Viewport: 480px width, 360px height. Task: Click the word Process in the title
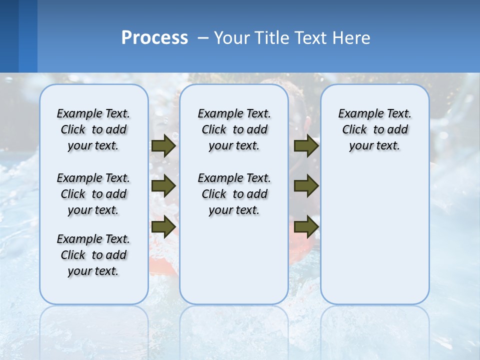click(154, 37)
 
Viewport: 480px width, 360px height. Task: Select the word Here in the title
click(353, 37)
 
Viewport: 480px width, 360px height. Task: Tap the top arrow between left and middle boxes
click(163, 145)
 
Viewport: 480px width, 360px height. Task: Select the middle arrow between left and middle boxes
click(163, 186)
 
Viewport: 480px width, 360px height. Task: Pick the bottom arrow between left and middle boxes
click(163, 226)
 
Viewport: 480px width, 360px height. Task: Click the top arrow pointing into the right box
click(306, 145)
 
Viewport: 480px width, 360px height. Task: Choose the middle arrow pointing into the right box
click(306, 186)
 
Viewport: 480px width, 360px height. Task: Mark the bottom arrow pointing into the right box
click(306, 226)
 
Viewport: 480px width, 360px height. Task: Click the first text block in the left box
click(93, 129)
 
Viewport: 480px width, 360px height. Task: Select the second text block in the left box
click(93, 194)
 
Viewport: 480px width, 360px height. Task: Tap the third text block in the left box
click(93, 255)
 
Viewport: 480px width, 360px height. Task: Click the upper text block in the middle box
click(234, 129)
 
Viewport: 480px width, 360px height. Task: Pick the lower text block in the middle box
click(234, 194)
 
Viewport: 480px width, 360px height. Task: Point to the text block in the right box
click(374, 129)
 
